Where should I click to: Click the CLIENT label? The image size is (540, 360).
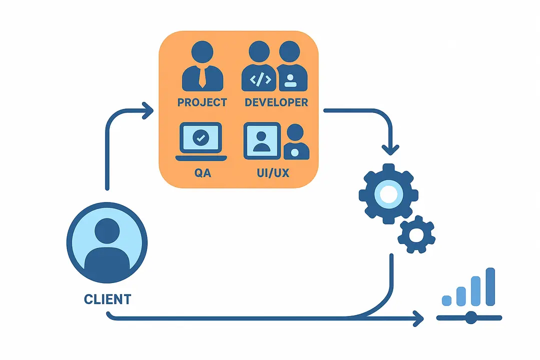107,299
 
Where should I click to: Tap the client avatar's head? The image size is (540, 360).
107,231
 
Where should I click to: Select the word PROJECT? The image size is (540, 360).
202,102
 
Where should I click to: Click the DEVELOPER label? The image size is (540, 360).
276,102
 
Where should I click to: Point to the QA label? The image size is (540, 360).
202,172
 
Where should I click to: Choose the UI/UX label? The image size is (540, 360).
273,172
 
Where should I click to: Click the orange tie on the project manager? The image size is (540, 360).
202,77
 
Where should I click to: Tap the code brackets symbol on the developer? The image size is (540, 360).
260,79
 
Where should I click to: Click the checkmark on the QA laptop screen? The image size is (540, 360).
201,138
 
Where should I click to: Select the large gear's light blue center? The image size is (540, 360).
389,194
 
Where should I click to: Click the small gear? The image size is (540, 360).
416,235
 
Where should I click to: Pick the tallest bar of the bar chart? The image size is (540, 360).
490,286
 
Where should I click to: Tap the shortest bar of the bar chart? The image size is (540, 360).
446,300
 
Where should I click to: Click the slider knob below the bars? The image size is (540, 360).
471,317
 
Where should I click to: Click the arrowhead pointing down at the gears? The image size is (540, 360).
390,150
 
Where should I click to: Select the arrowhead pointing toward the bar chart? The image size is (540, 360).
418,318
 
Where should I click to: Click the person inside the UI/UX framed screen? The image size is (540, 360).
261,141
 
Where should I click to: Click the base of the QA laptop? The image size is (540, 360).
201,158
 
